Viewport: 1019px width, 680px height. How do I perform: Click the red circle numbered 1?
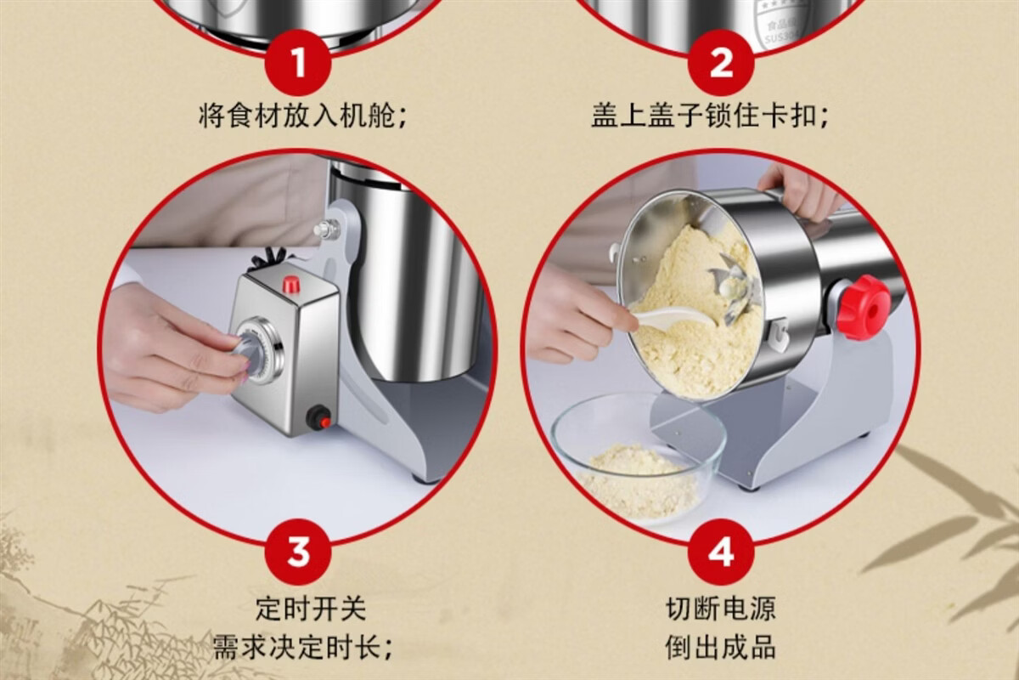[298, 62]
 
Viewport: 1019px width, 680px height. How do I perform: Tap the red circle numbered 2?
[721, 62]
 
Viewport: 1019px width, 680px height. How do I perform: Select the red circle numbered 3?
[298, 552]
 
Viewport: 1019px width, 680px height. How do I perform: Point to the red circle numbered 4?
[721, 552]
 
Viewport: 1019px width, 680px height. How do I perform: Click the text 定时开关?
[311, 609]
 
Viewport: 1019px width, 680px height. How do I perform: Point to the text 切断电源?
[721, 609]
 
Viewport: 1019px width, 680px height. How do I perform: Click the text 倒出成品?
[721, 647]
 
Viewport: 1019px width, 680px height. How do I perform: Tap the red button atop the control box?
[291, 284]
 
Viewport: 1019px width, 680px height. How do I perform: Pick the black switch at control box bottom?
[318, 417]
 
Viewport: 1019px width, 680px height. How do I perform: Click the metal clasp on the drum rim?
[777, 334]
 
